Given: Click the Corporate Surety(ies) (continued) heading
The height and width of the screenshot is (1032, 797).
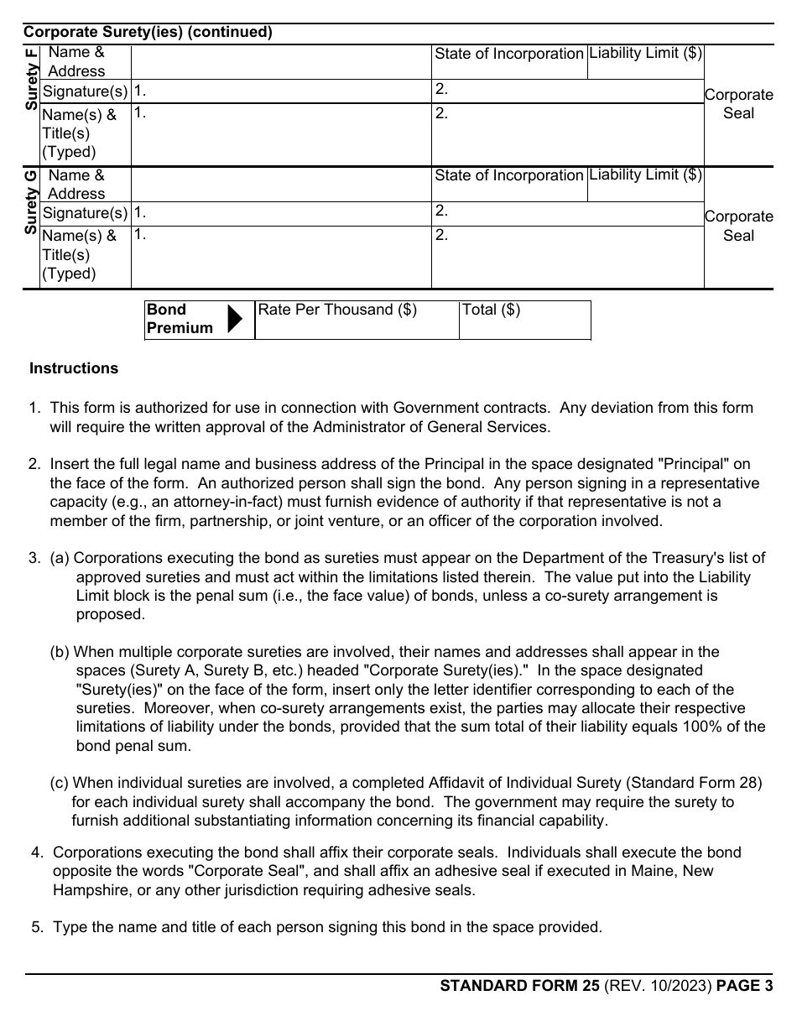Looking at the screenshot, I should [148, 33].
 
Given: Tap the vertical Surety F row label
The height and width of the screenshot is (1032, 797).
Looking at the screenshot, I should [31, 79].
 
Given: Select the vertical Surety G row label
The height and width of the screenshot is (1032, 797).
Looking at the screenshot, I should [31, 201].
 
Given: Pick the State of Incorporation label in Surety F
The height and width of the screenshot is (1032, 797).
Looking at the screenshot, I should [508, 54].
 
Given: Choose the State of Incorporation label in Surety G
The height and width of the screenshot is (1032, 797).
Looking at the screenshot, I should [508, 175].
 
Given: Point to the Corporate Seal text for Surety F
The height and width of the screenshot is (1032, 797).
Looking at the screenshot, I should [738, 104].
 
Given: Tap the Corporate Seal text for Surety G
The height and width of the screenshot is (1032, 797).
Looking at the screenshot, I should [738, 227].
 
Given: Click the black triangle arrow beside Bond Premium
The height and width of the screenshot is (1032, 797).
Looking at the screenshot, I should [236, 319].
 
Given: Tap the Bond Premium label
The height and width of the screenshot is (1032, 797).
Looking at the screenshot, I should [180, 319].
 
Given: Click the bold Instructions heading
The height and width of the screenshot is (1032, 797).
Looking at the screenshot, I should [74, 368].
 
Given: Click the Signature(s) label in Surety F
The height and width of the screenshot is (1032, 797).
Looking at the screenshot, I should [85, 91].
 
